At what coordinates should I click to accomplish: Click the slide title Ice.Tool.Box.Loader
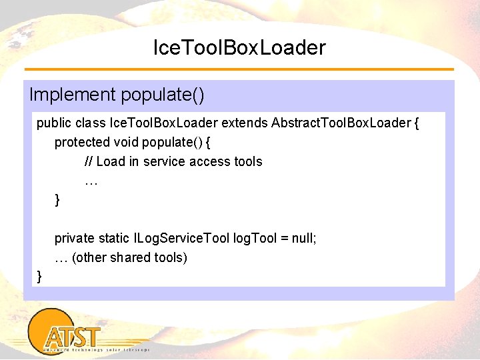239,47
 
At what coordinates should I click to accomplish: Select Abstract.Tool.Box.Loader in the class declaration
337,123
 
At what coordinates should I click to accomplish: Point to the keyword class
91,123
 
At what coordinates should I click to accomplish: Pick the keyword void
127,142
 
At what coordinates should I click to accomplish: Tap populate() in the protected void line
175,143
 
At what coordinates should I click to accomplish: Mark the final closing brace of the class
40,276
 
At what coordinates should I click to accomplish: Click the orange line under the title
239,69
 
